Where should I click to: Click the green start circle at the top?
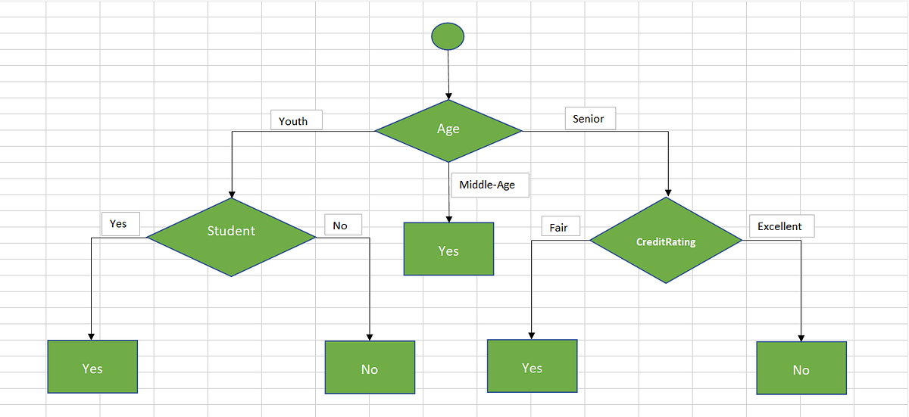(x=448, y=36)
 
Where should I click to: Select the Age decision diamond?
(x=448, y=130)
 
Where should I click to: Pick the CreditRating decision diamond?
(x=666, y=241)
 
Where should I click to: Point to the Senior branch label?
(x=589, y=119)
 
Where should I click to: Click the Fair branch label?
(x=559, y=227)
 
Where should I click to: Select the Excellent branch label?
(x=781, y=226)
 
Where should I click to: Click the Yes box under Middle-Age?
(x=448, y=249)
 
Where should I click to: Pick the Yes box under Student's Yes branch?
(x=92, y=367)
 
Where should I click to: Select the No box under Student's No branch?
(x=370, y=367)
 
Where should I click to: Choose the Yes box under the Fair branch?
(x=532, y=366)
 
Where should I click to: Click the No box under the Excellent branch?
(x=801, y=368)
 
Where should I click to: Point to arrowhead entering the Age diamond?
(x=449, y=95)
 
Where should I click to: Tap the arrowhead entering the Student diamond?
(x=231, y=193)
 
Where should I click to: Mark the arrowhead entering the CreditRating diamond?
(x=667, y=191)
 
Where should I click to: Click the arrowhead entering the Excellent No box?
(x=801, y=338)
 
